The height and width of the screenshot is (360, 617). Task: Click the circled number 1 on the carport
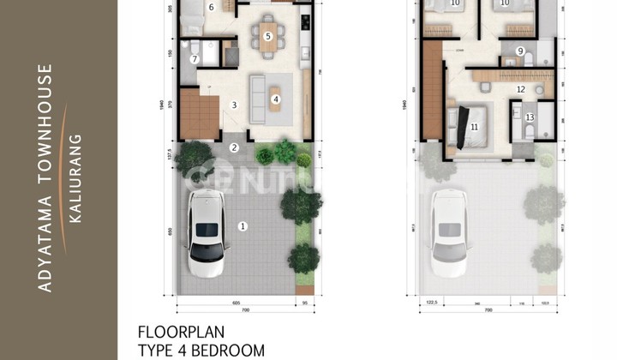tap(243, 226)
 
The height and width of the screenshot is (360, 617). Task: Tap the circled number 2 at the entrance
tap(233, 147)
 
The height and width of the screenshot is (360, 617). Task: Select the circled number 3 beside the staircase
tap(233, 105)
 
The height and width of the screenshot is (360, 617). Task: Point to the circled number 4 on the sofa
tap(276, 99)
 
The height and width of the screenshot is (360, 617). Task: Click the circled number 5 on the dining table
tap(268, 36)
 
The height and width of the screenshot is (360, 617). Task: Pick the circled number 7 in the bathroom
tap(195, 59)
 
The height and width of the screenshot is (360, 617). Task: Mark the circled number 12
tap(520, 88)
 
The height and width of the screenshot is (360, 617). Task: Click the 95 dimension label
tap(303, 303)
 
